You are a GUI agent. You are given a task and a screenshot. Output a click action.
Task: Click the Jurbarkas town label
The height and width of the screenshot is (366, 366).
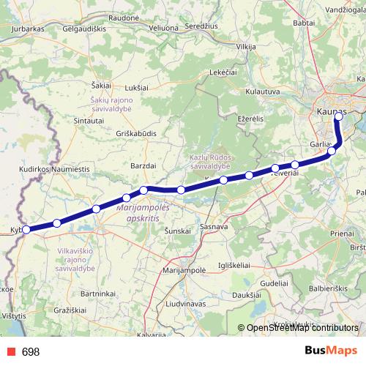coord(28,29)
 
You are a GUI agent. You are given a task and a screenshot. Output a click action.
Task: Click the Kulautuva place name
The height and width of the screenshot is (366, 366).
coord(264,91)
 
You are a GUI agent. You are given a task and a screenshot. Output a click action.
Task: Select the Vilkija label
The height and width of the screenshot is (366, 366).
coord(246,47)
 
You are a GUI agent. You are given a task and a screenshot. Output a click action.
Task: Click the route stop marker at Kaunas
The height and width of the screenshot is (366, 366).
coord(338,116)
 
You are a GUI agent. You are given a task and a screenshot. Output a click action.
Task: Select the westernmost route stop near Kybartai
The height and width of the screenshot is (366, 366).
coord(26,229)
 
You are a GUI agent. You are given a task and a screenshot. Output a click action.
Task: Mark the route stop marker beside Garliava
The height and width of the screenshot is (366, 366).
coord(332,151)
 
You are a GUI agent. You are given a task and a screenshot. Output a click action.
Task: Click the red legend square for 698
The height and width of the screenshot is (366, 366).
coord(10,351)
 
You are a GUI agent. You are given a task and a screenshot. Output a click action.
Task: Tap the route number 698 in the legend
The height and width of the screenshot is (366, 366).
coord(31,351)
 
